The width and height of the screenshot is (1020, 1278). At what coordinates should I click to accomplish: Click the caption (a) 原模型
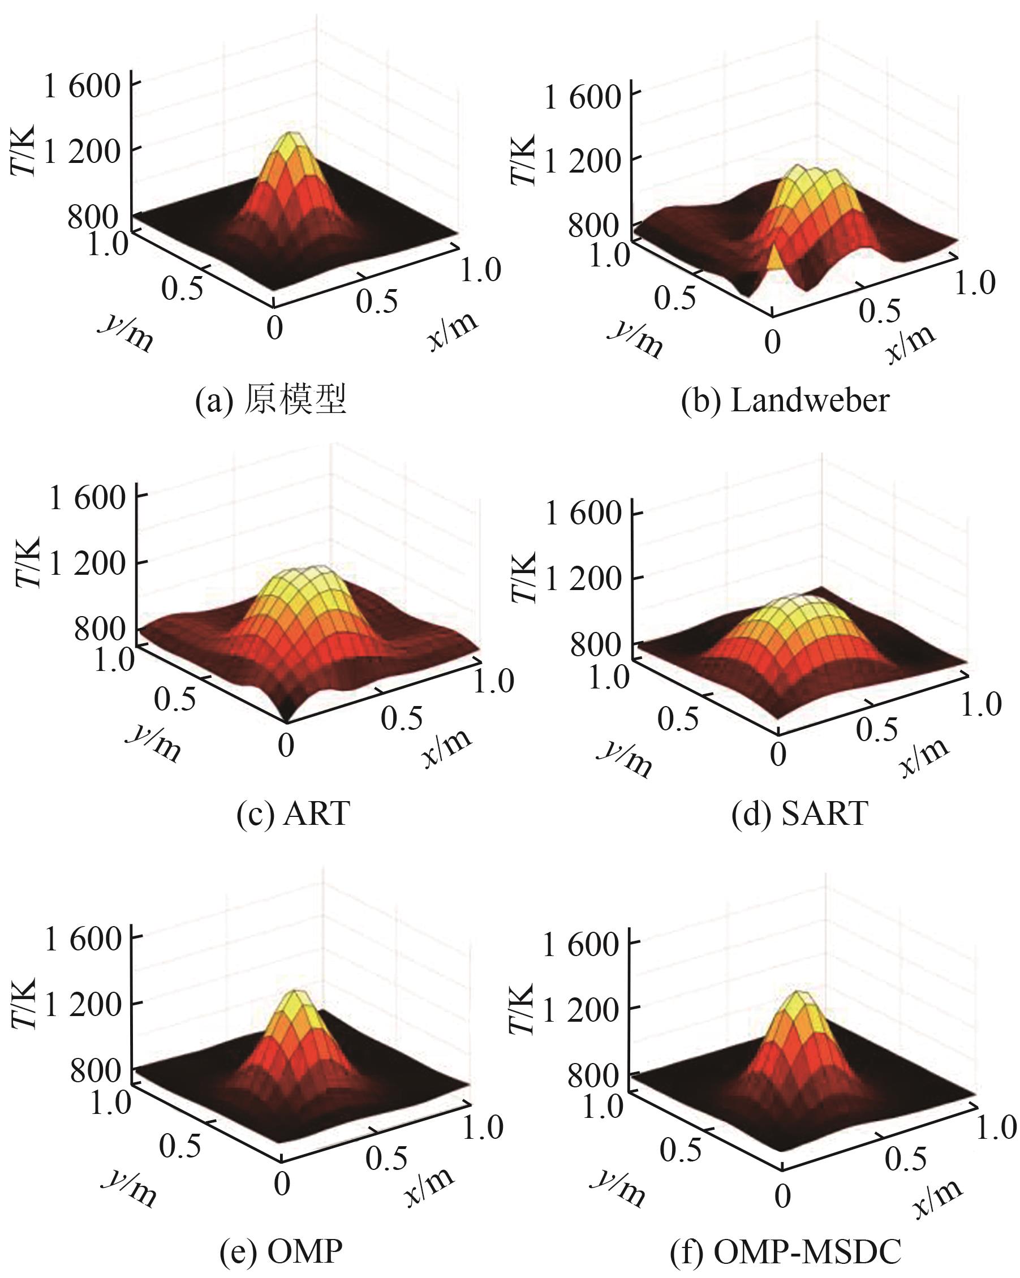click(270, 400)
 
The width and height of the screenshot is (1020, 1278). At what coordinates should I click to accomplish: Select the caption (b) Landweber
click(785, 401)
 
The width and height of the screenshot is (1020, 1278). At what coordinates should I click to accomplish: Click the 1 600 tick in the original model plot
click(83, 87)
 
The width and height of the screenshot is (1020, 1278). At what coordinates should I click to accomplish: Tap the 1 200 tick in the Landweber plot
click(582, 160)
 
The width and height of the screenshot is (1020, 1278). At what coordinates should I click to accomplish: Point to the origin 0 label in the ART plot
click(286, 745)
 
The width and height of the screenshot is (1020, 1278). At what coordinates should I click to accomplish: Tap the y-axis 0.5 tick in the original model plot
click(182, 289)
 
